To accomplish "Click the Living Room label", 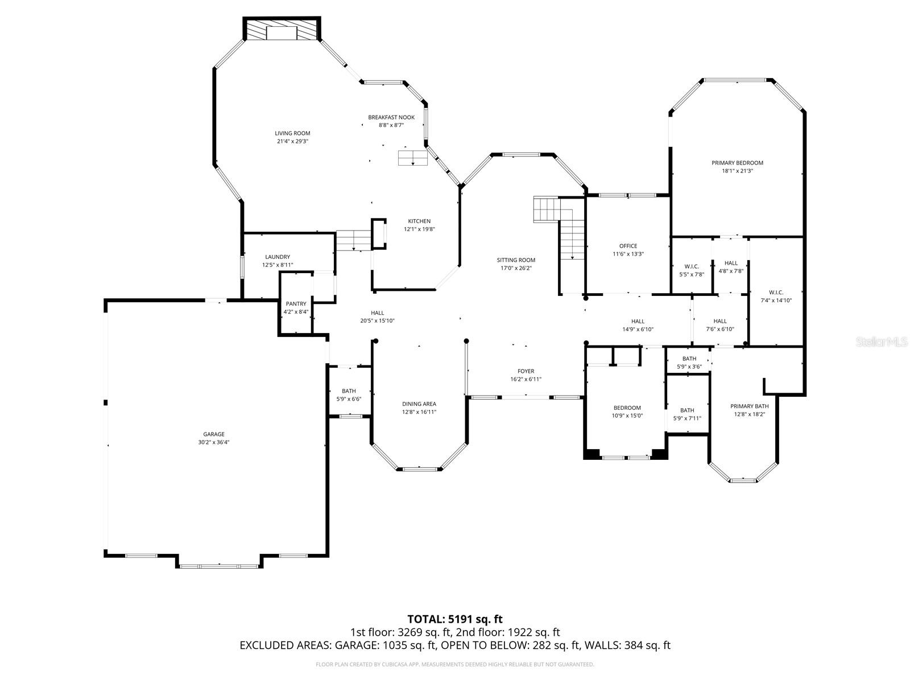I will pyautogui.click(x=292, y=133).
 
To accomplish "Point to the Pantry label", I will pyautogui.click(x=296, y=304).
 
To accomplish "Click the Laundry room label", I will pyautogui.click(x=277, y=257).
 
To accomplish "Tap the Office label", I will pyautogui.click(x=628, y=246).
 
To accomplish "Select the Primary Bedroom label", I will pyautogui.click(x=737, y=163).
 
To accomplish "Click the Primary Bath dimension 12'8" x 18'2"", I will pyautogui.click(x=749, y=414).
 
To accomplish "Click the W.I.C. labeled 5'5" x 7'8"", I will pyautogui.click(x=692, y=266).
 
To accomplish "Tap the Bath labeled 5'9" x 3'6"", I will pyautogui.click(x=689, y=359).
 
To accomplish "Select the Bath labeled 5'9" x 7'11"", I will pyautogui.click(x=687, y=410).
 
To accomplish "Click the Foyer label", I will pyautogui.click(x=526, y=372).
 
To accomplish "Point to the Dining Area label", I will pyautogui.click(x=419, y=404).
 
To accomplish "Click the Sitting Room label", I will pyautogui.click(x=516, y=260).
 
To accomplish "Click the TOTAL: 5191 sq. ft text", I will pyautogui.click(x=454, y=619).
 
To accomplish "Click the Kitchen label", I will pyautogui.click(x=419, y=221).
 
